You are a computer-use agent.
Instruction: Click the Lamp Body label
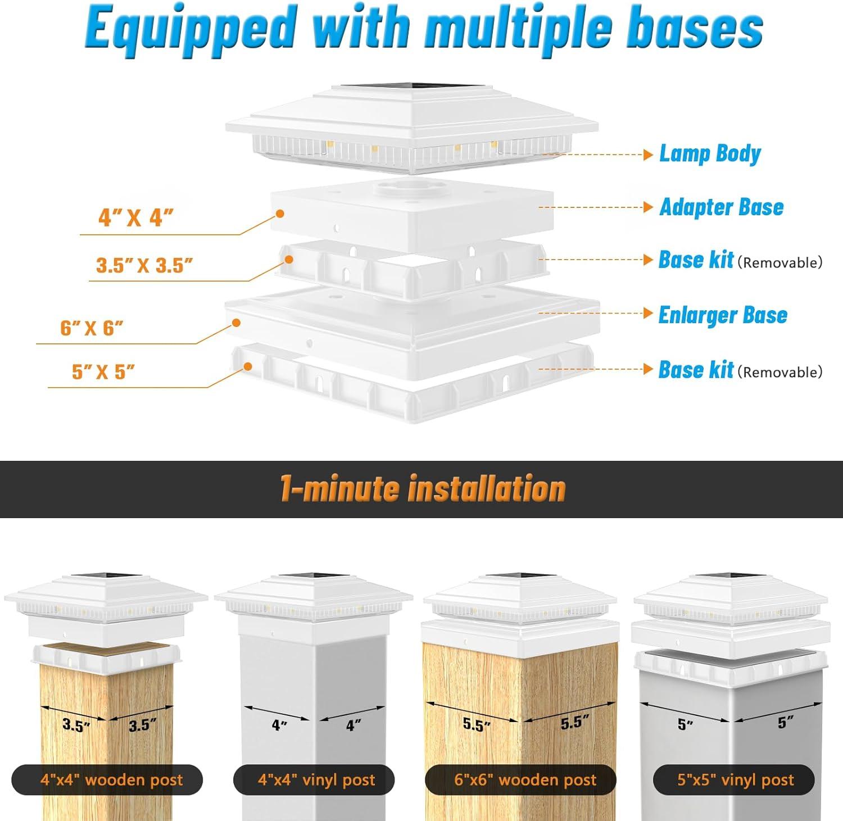(x=710, y=154)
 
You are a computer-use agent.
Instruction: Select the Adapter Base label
(x=722, y=207)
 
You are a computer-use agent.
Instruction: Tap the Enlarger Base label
(x=723, y=315)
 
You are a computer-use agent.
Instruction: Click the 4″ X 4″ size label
(x=135, y=217)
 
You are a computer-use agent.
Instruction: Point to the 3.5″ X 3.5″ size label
(x=144, y=265)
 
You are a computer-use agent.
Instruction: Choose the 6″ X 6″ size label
(x=92, y=328)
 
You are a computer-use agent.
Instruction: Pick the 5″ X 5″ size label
(x=103, y=372)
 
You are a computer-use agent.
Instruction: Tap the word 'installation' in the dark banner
(x=487, y=488)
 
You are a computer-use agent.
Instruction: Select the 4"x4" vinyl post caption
(x=316, y=780)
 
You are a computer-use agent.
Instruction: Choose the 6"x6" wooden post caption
(x=525, y=780)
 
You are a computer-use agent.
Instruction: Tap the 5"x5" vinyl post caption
(x=735, y=780)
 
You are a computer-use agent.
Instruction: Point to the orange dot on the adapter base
(x=279, y=214)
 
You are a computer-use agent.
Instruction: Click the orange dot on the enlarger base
(x=237, y=323)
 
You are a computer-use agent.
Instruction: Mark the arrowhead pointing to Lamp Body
(x=648, y=155)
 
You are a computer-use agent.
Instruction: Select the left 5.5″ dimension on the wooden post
(x=477, y=724)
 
